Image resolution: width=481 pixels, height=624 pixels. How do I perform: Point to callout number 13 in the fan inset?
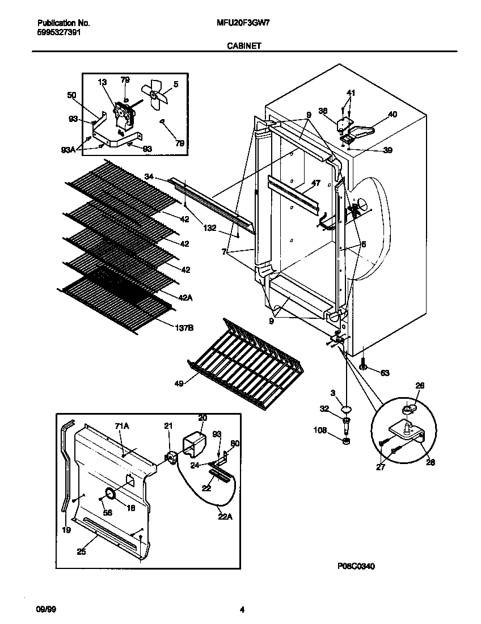point(102,83)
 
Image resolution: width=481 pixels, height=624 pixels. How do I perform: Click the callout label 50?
point(71,95)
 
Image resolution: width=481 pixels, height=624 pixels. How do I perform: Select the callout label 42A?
point(185,297)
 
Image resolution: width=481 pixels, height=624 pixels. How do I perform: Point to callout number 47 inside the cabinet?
point(316,184)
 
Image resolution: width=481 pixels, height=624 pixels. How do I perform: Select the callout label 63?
point(385,373)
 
